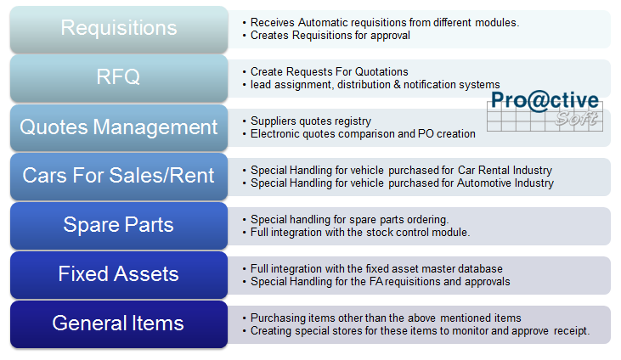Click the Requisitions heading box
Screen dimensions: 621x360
119,30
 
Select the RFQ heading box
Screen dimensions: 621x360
119,78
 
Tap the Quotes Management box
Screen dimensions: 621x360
119,127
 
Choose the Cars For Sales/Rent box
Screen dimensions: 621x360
119,177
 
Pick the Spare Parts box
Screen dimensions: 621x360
119,226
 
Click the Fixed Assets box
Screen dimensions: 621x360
119,275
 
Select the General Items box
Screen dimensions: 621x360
119,324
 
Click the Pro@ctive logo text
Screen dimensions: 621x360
545,100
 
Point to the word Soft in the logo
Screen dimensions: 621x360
576,118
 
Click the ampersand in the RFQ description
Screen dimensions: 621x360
397,84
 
